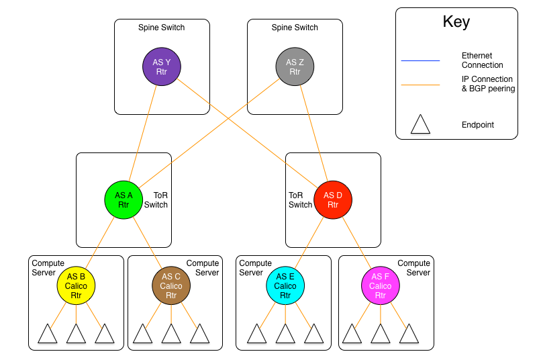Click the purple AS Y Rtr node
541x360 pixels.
click(162, 66)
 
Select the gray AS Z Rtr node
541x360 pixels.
click(295, 66)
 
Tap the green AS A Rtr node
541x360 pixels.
click(124, 199)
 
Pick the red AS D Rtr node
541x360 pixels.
click(333, 199)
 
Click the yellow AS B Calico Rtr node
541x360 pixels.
click(76, 285)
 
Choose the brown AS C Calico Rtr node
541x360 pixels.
click(171, 285)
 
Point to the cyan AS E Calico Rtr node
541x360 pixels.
click(285, 285)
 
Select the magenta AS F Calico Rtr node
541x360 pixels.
click(381, 285)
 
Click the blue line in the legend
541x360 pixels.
click(420, 61)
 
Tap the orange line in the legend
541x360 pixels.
click(420, 85)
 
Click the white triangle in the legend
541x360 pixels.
click(420, 126)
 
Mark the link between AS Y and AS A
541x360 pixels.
click(143, 133)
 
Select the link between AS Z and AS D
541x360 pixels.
click(314, 133)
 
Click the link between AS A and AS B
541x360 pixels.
click(100, 242)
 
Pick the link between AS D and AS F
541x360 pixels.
click(356, 242)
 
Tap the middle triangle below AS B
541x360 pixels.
click(76, 334)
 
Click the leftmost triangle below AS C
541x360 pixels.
click(142, 334)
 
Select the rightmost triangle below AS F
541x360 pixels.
click(409, 334)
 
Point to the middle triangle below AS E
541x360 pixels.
click(285, 334)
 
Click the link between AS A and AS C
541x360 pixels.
click(148, 242)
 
